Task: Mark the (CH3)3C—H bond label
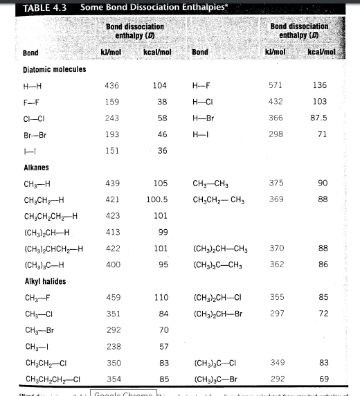click(x=43, y=264)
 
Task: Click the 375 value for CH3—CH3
click(x=276, y=183)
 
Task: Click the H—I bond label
click(x=201, y=134)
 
